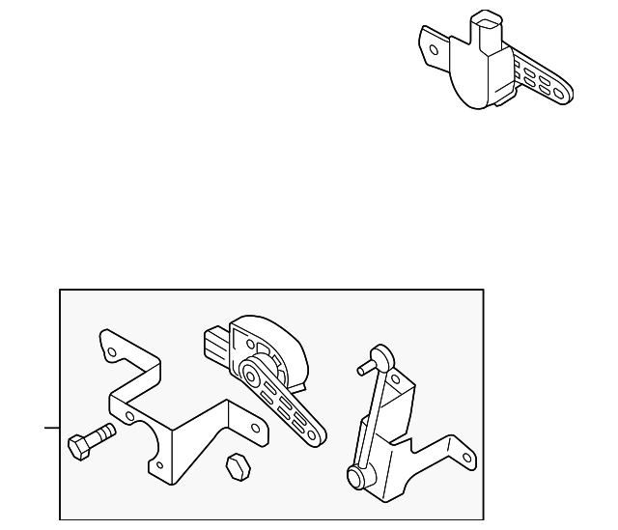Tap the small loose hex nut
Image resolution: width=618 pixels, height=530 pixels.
click(236, 465)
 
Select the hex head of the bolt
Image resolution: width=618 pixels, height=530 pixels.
click(78, 447)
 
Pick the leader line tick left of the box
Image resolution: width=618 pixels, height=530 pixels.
click(50, 426)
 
